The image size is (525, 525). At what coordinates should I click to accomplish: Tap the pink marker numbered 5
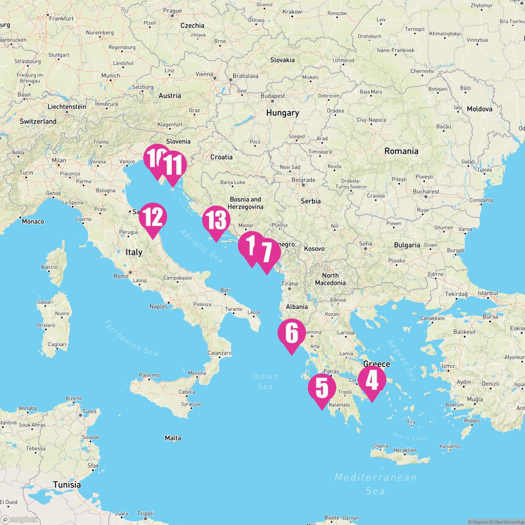pos(322,388)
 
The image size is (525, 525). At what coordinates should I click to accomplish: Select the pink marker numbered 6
pos(291,333)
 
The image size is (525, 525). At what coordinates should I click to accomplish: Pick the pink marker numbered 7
pos(266,252)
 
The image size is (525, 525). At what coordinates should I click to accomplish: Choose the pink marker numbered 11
pos(173,165)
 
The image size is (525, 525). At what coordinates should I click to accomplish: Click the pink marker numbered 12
pos(153,217)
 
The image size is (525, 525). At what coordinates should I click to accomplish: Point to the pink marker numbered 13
pos(216,220)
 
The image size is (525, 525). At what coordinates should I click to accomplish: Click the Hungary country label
pos(283,113)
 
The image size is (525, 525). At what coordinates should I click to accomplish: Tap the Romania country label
pos(401,151)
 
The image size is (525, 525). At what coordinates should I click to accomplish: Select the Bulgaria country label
pos(407,245)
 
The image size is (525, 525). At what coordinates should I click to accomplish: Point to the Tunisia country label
pos(67,484)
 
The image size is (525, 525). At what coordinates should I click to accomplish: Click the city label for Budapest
pos(273,96)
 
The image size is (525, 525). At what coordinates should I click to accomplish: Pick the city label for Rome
pos(121,276)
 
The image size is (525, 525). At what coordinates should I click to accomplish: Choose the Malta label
pos(173,438)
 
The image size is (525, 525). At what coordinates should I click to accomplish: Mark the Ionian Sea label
pos(265,381)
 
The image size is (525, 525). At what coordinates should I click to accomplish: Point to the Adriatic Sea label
pos(202,245)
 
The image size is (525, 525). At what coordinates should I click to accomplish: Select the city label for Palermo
pos(149,375)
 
